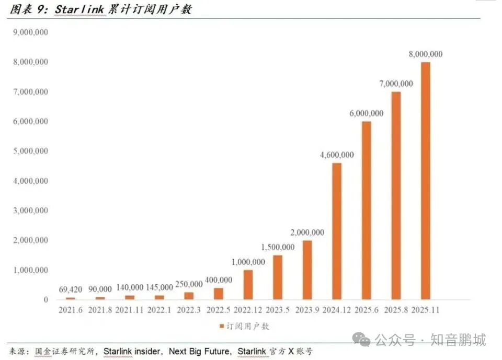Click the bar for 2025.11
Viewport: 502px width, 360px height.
point(426,181)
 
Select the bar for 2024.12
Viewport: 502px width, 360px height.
point(337,231)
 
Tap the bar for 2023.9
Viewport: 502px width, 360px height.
point(307,270)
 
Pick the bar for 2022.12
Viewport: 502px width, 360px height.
point(248,285)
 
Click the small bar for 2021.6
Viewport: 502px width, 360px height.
point(71,298)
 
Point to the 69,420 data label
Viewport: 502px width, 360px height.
point(71,289)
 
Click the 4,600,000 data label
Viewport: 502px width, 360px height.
point(337,155)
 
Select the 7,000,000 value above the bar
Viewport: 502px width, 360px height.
point(396,84)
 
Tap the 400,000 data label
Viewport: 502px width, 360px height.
point(219,280)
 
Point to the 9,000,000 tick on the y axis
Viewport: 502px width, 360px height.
point(30,32)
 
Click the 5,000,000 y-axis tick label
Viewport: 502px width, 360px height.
point(30,151)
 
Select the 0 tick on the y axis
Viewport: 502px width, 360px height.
point(46,300)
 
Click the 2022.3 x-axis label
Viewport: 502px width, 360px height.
point(189,310)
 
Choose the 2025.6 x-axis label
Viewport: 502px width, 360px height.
point(366,310)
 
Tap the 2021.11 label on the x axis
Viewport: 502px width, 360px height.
point(129,310)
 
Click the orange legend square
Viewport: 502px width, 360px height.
point(222,326)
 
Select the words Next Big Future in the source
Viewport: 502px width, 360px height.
point(199,351)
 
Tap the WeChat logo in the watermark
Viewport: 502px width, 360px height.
point(361,339)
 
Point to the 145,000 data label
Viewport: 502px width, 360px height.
point(159,287)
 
